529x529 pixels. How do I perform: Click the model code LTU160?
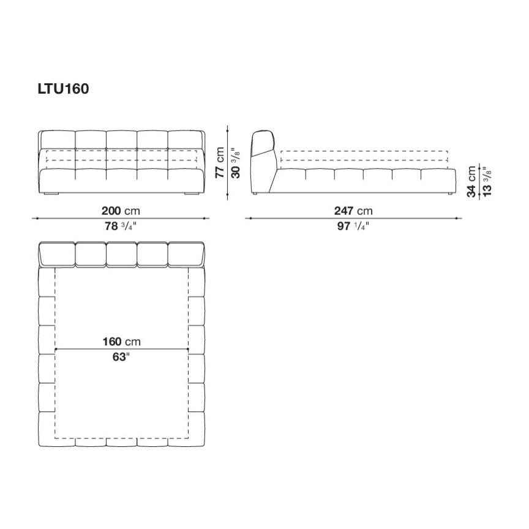click(64, 89)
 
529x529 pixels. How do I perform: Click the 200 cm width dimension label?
click(120, 211)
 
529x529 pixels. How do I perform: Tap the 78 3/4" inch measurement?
click(119, 226)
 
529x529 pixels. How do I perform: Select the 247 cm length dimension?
click(353, 211)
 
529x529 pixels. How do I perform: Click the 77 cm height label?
click(220, 162)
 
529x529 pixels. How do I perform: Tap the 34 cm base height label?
click(472, 181)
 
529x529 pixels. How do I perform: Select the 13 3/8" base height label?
click(485, 181)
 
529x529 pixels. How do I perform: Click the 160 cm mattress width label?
click(121, 342)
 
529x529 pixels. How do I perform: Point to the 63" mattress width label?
click(121, 357)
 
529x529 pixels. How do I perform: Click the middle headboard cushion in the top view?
click(121, 253)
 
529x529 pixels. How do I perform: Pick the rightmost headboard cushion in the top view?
click(186, 253)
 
